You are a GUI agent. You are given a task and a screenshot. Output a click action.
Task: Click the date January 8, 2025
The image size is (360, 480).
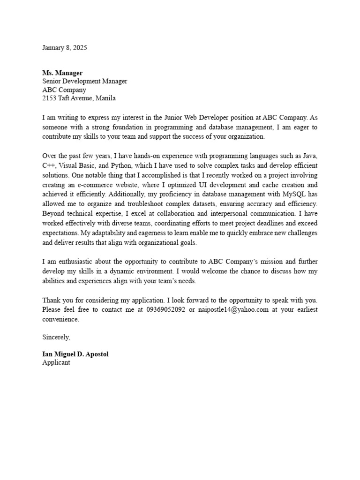[x=65, y=48]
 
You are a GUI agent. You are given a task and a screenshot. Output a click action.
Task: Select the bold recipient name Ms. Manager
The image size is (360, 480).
[x=62, y=73]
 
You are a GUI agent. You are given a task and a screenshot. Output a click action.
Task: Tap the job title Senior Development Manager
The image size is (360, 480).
[x=84, y=81]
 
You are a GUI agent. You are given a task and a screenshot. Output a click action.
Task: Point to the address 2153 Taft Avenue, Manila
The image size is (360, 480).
[x=79, y=98]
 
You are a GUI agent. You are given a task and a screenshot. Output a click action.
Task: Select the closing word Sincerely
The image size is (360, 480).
[x=56, y=337]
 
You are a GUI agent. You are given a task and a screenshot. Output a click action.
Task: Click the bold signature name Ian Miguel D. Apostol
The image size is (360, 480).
[x=75, y=354]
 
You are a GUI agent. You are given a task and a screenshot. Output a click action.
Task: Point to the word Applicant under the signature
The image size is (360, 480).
[x=56, y=362]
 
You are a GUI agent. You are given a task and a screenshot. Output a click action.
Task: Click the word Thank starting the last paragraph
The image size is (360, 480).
[x=51, y=300]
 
